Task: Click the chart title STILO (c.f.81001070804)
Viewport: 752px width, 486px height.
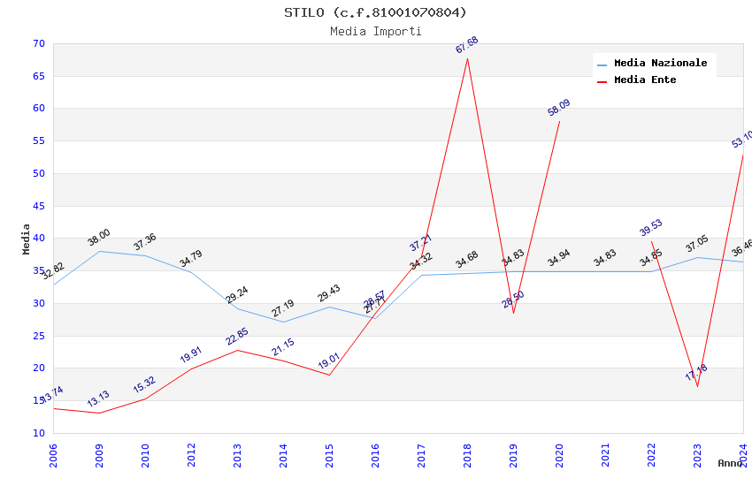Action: coord(375,12)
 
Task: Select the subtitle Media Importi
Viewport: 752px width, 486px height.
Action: coord(375,32)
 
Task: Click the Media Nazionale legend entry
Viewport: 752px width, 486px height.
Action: coord(660,64)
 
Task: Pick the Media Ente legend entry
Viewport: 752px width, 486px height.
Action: coord(645,80)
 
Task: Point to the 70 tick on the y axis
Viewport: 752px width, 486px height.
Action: coord(38,43)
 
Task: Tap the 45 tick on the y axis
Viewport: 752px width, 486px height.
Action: coord(38,206)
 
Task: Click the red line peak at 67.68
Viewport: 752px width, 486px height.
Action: coord(467,58)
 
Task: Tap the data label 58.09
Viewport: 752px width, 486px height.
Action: coord(558,108)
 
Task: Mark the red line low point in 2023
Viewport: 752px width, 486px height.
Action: coord(697,386)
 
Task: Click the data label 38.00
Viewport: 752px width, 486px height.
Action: coord(98,237)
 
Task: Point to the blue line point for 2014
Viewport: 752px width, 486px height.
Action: coord(283,322)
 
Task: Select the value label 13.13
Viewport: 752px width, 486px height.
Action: coord(98,399)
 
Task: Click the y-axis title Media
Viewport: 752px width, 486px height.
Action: coord(27,239)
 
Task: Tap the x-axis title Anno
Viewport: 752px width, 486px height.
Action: coord(730,463)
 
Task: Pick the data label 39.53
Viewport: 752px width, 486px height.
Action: coord(650,228)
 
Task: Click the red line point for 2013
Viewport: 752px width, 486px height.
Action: coord(237,350)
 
